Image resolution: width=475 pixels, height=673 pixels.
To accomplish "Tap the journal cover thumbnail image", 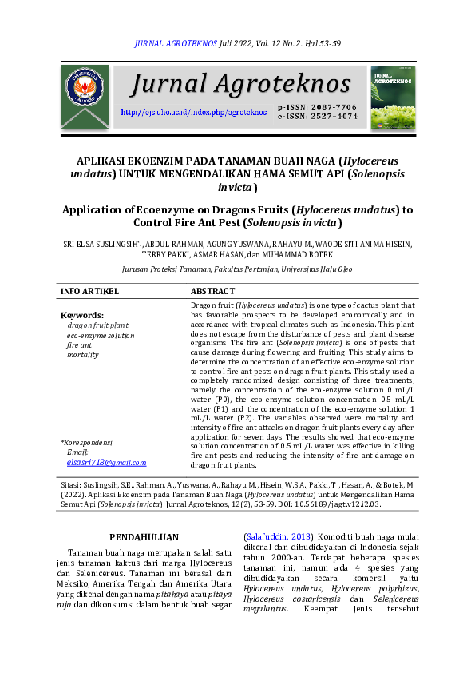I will pyautogui.click(x=392, y=97).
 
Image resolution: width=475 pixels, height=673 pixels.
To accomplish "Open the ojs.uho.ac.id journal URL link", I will pyautogui.click(x=193, y=112).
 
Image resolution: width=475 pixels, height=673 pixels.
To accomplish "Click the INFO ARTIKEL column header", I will pyautogui.click(x=89, y=291).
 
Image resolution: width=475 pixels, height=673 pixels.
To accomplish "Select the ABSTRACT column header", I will pyautogui.click(x=213, y=291).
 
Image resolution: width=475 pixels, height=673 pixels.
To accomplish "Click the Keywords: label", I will pyautogui.click(x=82, y=316).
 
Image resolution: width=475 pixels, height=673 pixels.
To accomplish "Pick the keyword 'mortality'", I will pyautogui.click(x=83, y=354).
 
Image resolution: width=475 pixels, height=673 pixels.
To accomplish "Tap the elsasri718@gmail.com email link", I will pyautogui.click(x=107, y=462).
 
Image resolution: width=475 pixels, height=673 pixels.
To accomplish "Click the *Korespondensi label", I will pyautogui.click(x=87, y=442).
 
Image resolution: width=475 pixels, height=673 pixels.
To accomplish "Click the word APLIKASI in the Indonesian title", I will pyautogui.click(x=104, y=160).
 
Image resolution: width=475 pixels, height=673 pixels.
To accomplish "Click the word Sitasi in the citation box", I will pyautogui.click(x=73, y=485).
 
